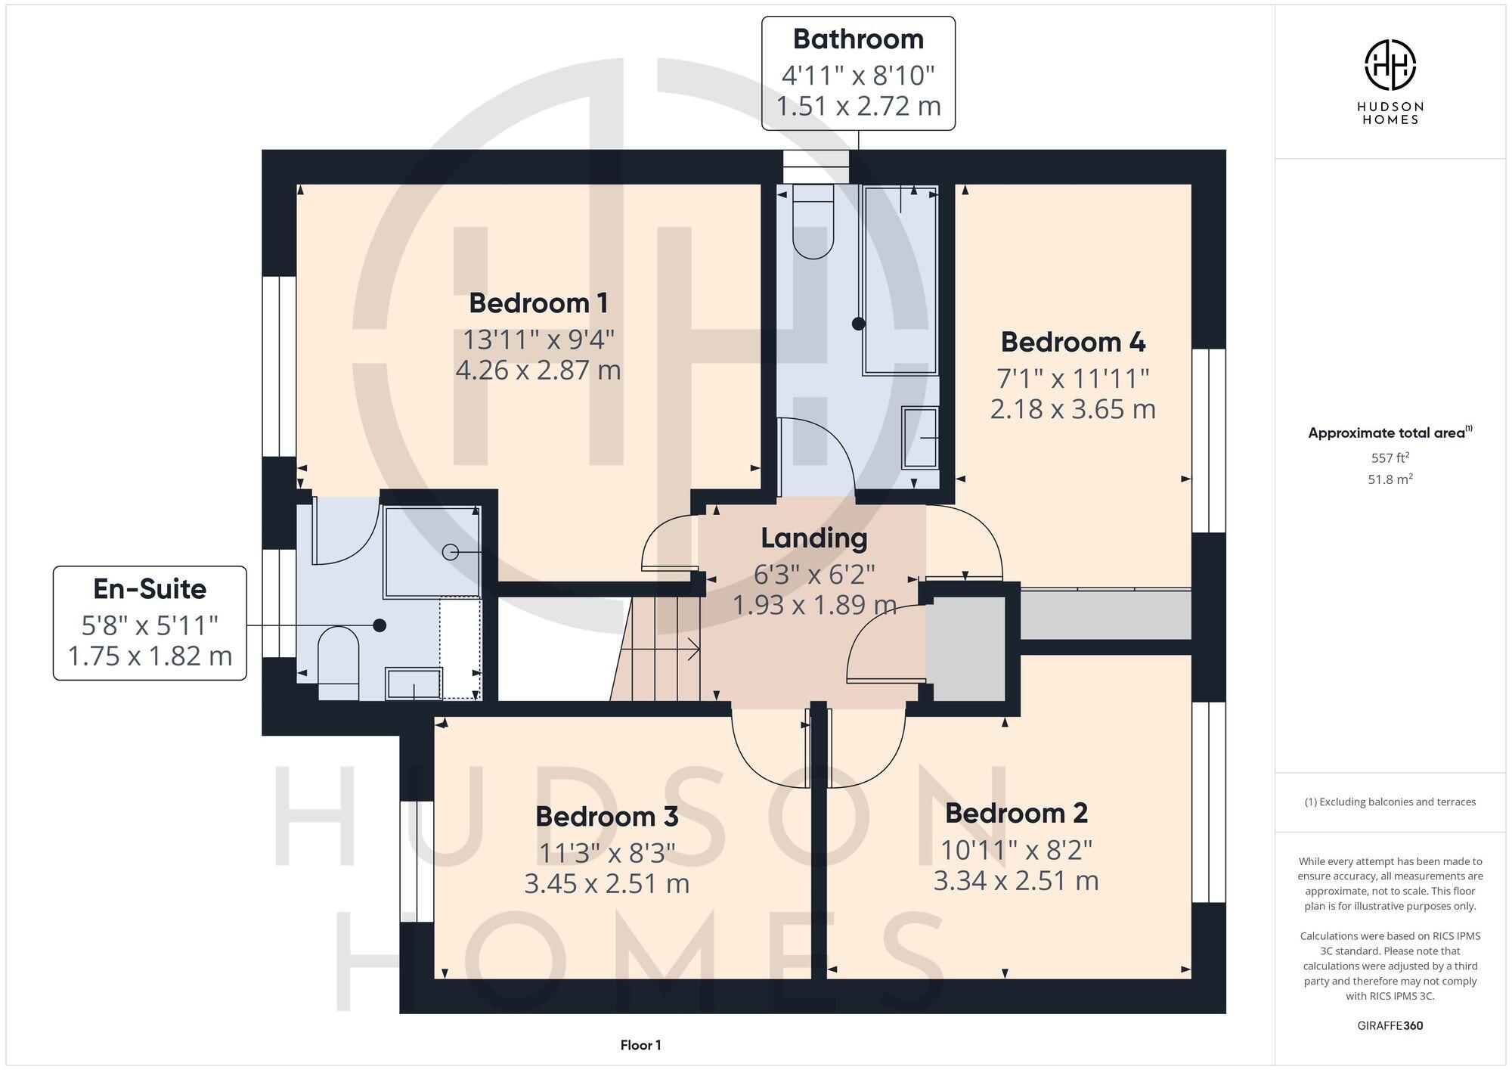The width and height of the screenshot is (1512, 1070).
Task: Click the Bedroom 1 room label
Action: [x=538, y=303]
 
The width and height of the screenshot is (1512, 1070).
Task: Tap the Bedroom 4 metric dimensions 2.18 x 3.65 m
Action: [x=1073, y=409]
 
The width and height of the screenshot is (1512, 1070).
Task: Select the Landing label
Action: [x=813, y=538]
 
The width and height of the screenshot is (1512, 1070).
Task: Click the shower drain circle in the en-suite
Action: [x=451, y=552]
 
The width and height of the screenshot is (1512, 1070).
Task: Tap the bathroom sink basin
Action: [x=920, y=438]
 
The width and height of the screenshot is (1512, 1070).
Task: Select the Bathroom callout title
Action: [x=858, y=39]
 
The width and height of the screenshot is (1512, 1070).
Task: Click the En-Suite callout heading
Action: [x=150, y=589]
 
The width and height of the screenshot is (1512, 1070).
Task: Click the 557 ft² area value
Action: [x=1390, y=457]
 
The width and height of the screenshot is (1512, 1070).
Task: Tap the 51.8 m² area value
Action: [x=1390, y=479]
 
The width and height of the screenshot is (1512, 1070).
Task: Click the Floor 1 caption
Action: [x=640, y=1045]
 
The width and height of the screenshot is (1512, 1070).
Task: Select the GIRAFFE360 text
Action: [x=1390, y=1026]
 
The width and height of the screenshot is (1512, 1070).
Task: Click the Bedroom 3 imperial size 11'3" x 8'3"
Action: [x=606, y=853]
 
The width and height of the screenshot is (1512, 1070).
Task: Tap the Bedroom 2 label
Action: [x=1016, y=814]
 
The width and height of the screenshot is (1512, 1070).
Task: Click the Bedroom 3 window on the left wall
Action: [x=417, y=861]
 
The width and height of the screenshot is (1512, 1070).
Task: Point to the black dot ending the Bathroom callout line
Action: [x=858, y=324]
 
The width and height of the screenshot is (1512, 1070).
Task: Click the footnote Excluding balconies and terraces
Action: [x=1390, y=802]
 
